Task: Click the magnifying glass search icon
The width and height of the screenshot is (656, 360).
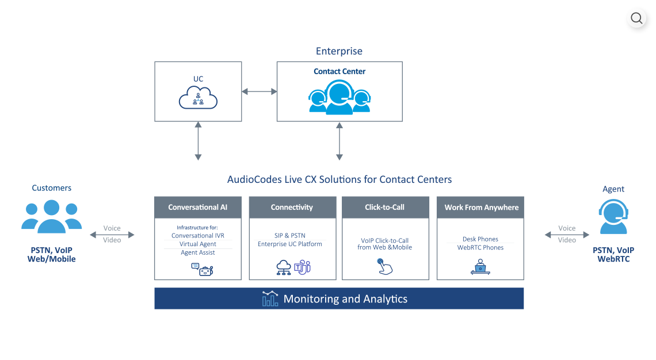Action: (x=636, y=18)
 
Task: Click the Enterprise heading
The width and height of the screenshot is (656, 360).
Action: (x=339, y=51)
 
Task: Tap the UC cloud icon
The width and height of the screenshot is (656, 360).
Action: (x=198, y=99)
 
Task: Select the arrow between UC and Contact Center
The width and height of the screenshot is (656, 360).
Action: (x=259, y=91)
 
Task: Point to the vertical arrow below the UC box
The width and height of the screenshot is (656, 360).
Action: (x=198, y=141)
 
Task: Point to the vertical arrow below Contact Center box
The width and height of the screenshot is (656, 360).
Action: (x=340, y=141)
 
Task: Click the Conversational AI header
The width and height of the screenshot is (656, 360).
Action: (x=197, y=208)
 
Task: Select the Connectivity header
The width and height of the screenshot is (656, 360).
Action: (x=292, y=208)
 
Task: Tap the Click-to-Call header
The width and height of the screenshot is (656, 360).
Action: (x=385, y=208)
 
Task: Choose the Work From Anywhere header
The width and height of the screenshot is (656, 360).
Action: (x=481, y=208)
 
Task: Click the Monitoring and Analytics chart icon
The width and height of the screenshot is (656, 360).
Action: (x=269, y=298)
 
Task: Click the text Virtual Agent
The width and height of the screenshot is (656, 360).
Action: (x=197, y=244)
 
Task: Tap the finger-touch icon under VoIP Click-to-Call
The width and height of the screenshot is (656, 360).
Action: (x=384, y=266)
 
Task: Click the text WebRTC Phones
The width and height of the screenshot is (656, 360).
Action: (x=480, y=248)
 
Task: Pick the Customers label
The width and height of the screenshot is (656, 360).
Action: (x=52, y=188)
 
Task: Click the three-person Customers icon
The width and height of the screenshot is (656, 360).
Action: (x=52, y=216)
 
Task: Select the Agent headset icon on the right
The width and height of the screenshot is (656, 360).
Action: (x=613, y=217)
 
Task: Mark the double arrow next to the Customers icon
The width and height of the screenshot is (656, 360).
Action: (x=112, y=235)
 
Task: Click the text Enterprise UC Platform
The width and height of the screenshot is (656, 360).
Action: (x=290, y=244)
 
